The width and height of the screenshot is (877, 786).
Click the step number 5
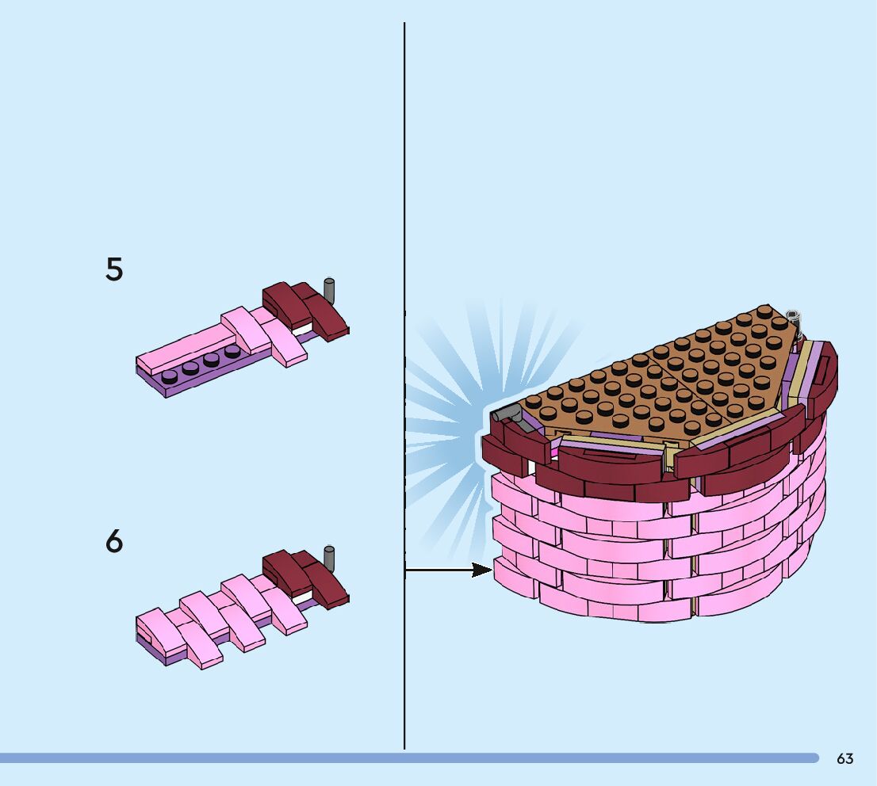pyautogui.click(x=114, y=270)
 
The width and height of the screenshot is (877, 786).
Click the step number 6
pyautogui.click(x=114, y=543)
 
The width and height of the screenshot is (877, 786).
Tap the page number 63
pyautogui.click(x=845, y=759)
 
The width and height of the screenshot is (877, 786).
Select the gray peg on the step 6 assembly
pyautogui.click(x=329, y=555)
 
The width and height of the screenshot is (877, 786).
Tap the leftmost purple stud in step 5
pyautogui.click(x=170, y=376)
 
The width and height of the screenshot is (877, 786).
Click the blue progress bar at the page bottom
pyautogui.click(x=396, y=758)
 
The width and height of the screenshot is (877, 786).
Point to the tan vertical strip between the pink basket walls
pyautogui.click(x=695, y=555)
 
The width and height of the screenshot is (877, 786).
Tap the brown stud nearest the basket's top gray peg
pyautogui.click(x=780, y=322)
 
